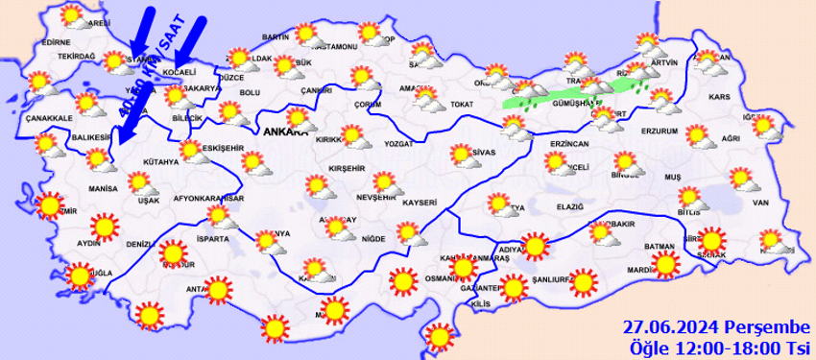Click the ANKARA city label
point(283,133)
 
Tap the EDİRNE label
point(57,42)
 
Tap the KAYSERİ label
point(420,203)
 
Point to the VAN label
point(762,203)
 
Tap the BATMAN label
point(660,247)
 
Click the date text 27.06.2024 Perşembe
point(716,327)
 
